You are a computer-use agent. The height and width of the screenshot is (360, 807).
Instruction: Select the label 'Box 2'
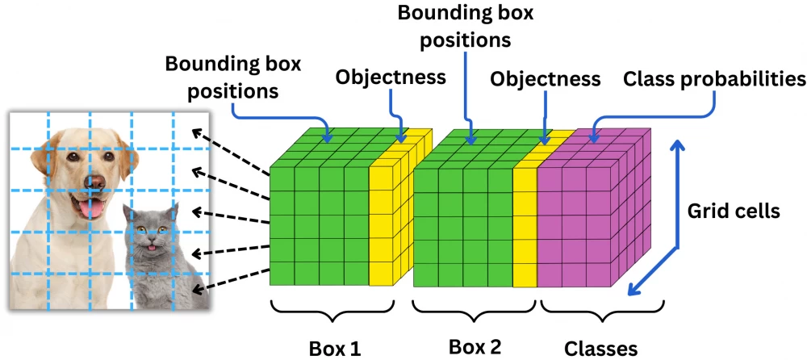tap(475, 346)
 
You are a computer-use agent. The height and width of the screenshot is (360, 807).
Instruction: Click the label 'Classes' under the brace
tap(600, 348)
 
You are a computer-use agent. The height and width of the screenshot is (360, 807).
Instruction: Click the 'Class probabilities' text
tap(713, 79)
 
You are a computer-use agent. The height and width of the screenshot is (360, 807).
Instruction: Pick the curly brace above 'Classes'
tap(600, 310)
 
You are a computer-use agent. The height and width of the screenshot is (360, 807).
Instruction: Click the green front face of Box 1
tap(319, 226)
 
